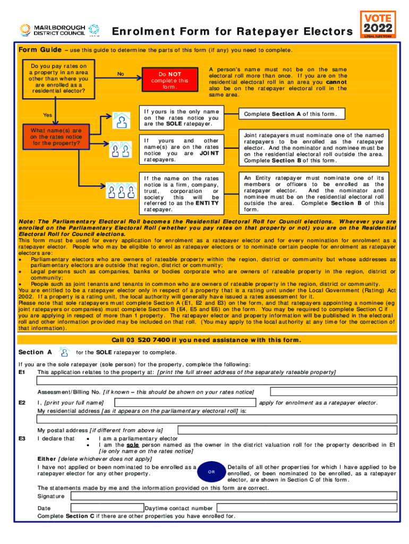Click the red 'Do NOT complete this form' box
169,81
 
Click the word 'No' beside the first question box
121,74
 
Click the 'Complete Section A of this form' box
293,115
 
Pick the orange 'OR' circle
211,471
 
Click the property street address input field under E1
217,380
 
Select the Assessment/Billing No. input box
333,392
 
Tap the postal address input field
287,429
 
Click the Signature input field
234,496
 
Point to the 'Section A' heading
35,352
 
